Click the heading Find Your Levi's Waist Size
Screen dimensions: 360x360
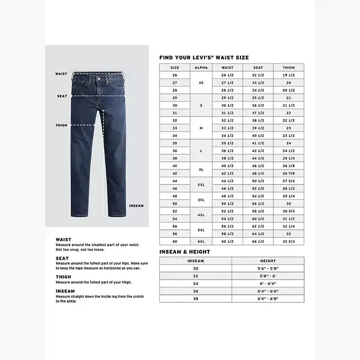coord(204,57)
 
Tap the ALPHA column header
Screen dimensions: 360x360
coord(201,68)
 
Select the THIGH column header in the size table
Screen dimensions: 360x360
coord(289,68)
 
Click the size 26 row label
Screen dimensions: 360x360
coord(175,75)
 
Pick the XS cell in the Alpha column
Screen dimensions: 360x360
coord(201,82)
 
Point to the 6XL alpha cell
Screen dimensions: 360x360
coord(201,241)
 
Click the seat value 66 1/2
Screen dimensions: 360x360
coord(258,241)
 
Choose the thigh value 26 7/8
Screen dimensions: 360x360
coord(289,173)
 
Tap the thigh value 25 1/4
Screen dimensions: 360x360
coord(289,158)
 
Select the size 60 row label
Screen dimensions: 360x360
coord(175,241)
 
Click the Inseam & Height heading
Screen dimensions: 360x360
coord(184,252)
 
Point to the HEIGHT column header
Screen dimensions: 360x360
coord(268,261)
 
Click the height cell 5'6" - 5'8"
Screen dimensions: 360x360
coord(268,268)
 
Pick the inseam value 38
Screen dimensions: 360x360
coord(195,298)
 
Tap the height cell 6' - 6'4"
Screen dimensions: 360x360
coord(268,284)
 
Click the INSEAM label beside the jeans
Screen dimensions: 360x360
coord(136,206)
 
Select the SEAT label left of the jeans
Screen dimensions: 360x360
coord(62,96)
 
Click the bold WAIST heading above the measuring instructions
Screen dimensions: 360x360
coord(63,239)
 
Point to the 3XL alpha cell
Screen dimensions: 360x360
coord(201,199)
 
